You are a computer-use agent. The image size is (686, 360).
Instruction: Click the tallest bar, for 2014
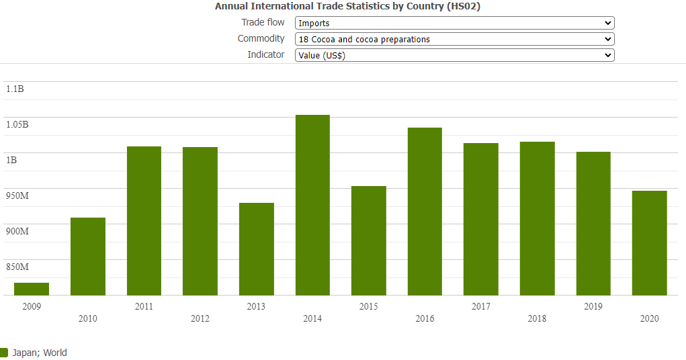(x=312, y=205)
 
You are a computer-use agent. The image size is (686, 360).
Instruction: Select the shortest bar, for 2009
(x=32, y=289)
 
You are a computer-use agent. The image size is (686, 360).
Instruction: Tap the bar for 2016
(x=425, y=212)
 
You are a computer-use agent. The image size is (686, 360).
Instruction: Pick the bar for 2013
(x=257, y=249)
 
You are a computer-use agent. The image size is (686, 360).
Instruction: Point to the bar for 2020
(x=649, y=242)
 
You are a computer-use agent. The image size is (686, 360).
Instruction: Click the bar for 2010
(x=88, y=256)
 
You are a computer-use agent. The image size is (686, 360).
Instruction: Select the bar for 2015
(x=369, y=240)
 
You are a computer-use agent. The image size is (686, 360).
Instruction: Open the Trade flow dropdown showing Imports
(x=454, y=24)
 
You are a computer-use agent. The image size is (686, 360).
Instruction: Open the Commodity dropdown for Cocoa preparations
(x=454, y=40)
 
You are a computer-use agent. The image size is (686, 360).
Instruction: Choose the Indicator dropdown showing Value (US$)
(x=454, y=56)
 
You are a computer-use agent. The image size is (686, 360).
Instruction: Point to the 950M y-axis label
(x=17, y=196)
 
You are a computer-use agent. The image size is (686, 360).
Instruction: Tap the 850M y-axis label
(x=17, y=267)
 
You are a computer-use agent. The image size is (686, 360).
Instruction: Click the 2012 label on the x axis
(x=200, y=318)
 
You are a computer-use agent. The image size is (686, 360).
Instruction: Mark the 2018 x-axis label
(x=537, y=318)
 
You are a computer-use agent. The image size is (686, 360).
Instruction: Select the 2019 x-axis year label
(x=593, y=306)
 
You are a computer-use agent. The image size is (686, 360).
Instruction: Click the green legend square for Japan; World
(x=4, y=353)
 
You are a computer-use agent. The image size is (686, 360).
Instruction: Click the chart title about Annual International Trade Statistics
(x=347, y=6)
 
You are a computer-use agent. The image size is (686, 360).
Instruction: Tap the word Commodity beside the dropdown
(x=261, y=39)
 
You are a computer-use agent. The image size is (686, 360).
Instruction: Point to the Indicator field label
(x=266, y=55)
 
